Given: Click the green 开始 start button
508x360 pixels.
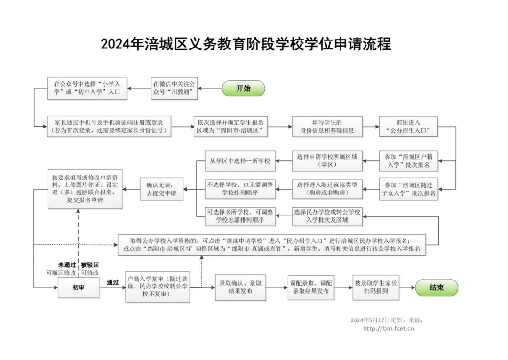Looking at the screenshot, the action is pos(243,88).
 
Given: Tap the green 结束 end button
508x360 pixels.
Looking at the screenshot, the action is pos(437,288).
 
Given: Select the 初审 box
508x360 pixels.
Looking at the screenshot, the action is pos(79,288).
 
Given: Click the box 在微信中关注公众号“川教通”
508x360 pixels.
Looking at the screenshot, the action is pos(175,88).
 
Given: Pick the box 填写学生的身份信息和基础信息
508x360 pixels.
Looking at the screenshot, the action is pos(327,127).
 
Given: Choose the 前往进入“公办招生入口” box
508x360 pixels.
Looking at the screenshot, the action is pos(408,127).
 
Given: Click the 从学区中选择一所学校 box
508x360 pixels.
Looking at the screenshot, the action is pos(240,161).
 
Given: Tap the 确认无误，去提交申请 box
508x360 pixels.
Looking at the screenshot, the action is pos(161,189).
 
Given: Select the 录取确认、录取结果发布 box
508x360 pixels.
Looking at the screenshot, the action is pos(240,288).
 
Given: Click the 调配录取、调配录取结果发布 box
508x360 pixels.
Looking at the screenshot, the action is pos(311,288).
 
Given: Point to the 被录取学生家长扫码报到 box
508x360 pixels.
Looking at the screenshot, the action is pos(376,288).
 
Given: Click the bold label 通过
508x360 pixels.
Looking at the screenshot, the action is pos(113,282).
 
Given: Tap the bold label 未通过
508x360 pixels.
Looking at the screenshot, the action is pos(67,265).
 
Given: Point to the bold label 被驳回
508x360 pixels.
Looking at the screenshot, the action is pos(90,265).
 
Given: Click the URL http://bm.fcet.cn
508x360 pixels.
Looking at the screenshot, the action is pos(389,328).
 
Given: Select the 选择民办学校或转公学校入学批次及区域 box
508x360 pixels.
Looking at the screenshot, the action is pos(327,216).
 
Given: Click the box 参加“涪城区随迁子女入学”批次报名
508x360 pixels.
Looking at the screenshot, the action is pos(408,189).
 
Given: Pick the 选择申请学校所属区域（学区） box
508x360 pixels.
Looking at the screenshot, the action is pos(327,161).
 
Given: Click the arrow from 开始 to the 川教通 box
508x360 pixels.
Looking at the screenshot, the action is pos(210,88).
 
